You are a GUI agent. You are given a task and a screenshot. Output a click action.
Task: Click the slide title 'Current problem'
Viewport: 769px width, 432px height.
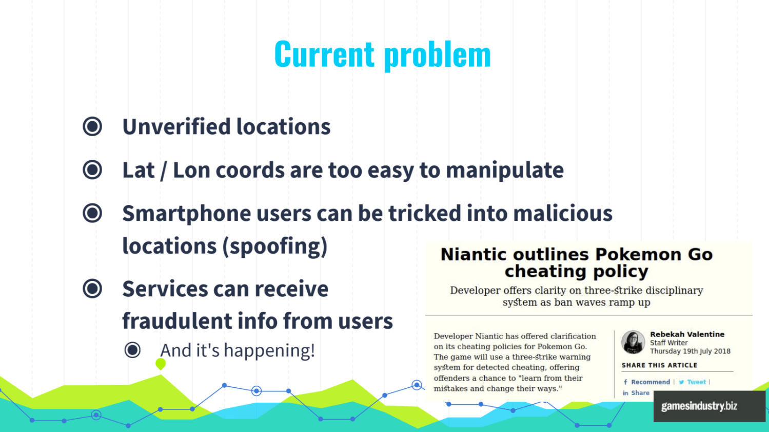382,54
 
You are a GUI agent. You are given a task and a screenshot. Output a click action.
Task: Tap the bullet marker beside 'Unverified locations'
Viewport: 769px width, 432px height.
92,126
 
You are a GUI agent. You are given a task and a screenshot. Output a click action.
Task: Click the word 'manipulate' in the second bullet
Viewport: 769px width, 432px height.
505,171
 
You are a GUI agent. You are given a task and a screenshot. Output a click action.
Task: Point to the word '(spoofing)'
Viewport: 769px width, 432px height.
275,246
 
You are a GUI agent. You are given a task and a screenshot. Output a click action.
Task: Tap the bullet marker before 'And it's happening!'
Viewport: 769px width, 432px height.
132,350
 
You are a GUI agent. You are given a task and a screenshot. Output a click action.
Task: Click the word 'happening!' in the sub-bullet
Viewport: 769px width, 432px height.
270,351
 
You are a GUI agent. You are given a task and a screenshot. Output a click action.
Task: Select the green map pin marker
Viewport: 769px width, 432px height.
161,364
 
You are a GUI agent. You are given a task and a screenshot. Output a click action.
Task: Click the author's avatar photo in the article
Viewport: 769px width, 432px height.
633,342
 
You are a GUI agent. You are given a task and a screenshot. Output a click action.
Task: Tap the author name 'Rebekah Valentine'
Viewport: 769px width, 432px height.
687,334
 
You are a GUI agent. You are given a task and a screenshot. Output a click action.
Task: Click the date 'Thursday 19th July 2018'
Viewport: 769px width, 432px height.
690,351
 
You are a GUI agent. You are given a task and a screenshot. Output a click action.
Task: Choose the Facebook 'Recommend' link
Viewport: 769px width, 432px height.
646,382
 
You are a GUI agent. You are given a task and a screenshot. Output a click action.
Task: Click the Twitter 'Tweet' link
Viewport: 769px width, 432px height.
692,382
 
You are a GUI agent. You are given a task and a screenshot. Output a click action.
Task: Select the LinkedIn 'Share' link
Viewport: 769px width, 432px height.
636,393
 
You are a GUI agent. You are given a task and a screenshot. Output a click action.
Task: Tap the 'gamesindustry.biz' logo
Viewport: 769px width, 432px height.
699,406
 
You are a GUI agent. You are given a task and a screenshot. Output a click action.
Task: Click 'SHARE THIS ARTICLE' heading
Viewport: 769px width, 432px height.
659,365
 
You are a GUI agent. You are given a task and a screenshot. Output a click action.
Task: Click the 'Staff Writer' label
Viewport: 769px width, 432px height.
668,343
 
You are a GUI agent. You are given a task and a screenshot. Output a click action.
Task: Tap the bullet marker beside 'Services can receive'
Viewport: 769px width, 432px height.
92,289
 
